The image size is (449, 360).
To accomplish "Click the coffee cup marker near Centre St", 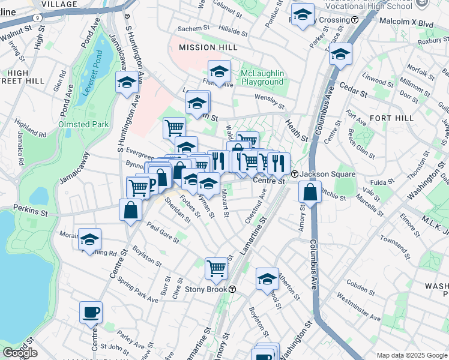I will pos(91,312).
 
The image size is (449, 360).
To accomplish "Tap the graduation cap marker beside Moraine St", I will pos(89,239).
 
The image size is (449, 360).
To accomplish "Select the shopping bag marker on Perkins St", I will pos(130,210).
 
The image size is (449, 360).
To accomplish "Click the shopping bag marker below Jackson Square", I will pos(310,192).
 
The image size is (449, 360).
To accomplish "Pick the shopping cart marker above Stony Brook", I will pos(216,268).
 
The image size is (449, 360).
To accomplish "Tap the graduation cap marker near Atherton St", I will pos(267,278).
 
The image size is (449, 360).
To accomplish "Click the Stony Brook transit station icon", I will pos(232,289).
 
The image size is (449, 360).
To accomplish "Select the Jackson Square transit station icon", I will pos(295,175).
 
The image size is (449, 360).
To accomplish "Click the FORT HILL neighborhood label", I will pos(392,118).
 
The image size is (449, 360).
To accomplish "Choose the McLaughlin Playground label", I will pos(262,77).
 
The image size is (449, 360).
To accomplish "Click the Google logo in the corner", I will pos(19,353).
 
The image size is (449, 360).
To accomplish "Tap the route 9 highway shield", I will pos(38,18).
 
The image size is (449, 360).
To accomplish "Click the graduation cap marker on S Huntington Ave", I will pos(127,82).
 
